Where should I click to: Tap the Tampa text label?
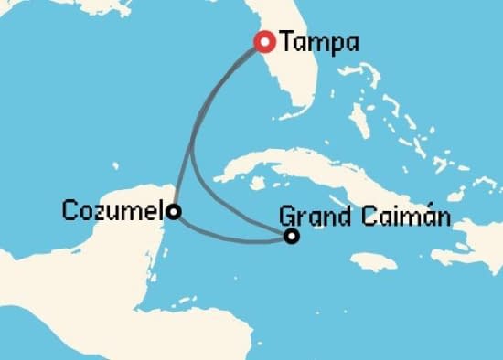(319, 42)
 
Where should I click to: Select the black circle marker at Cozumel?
(173, 212)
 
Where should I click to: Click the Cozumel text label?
(113, 211)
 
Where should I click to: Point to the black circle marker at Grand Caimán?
(291, 237)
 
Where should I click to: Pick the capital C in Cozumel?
(70, 211)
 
